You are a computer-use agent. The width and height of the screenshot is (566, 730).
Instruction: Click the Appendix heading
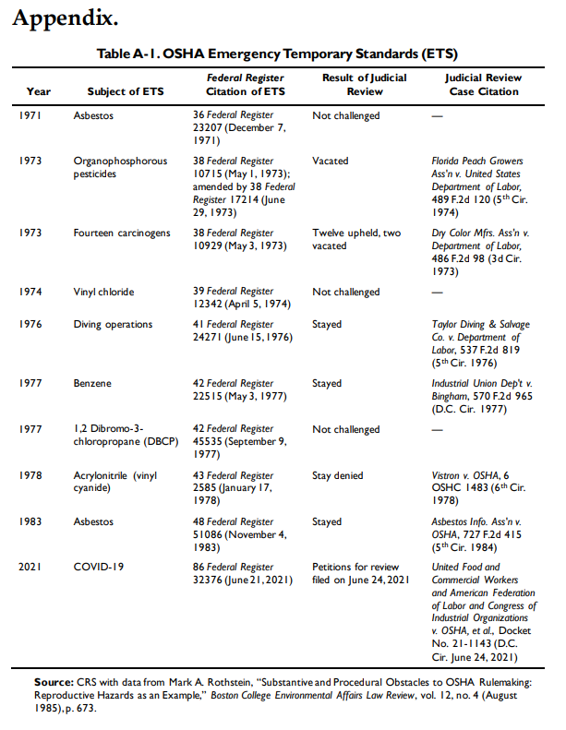point(65,18)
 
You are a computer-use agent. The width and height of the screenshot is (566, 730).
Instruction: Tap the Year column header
point(39,91)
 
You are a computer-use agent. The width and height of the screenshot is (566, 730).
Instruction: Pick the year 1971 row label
point(30,117)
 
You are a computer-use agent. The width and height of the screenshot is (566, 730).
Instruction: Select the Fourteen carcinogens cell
point(122,233)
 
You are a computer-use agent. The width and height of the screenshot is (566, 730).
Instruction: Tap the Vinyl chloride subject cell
point(103,292)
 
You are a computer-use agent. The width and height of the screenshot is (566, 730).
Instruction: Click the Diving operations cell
point(114,325)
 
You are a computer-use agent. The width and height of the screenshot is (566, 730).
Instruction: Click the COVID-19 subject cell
point(99,566)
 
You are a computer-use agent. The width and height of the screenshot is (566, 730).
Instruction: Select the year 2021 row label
point(30,566)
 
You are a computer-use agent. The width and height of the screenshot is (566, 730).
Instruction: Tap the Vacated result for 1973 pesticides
point(330,161)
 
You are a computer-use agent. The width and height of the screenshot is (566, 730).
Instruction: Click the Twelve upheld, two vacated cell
point(355,240)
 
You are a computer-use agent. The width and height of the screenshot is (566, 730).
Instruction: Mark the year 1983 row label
point(30,521)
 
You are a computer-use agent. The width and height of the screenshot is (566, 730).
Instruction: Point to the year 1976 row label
point(30,325)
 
